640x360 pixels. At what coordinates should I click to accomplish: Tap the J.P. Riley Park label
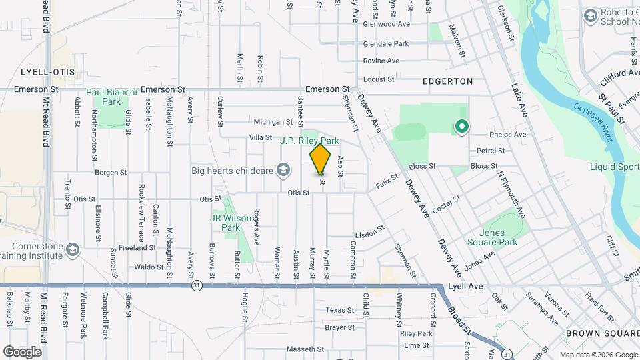pos(309,141)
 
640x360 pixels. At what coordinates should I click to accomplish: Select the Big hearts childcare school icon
pos(285,170)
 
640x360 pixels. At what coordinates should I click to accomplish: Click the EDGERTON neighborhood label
pos(447,81)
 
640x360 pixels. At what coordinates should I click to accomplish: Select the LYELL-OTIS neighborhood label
pos(47,71)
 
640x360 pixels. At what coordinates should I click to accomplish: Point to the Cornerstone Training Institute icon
pos(71,250)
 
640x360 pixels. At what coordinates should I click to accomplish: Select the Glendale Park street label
pos(385,44)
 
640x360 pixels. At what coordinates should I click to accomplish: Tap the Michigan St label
pos(273,122)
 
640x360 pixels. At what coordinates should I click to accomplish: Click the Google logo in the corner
pos(22,351)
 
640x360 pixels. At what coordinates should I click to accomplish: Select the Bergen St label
pos(111,172)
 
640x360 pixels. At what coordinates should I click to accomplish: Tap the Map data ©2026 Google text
pos(598,355)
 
